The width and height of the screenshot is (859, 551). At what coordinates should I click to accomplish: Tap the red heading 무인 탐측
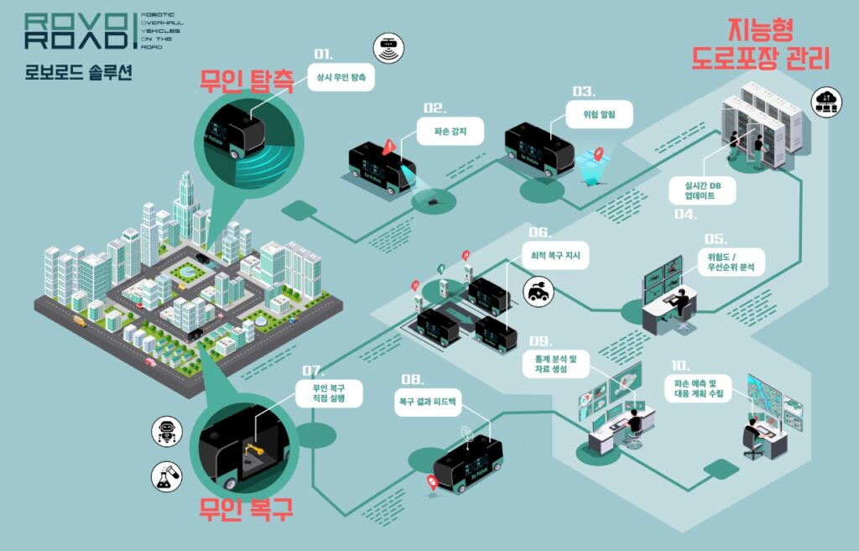point(246,82)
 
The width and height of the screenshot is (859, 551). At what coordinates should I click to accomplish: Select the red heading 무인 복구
point(246,510)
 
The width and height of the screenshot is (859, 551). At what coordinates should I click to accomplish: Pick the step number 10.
point(680,366)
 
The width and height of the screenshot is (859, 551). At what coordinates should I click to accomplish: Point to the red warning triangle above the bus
point(388,148)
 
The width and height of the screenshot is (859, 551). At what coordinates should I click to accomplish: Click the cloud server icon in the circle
point(827,101)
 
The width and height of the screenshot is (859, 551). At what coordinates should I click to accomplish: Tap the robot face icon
point(166,432)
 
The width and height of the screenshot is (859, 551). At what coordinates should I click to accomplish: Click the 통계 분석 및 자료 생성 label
point(561,364)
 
